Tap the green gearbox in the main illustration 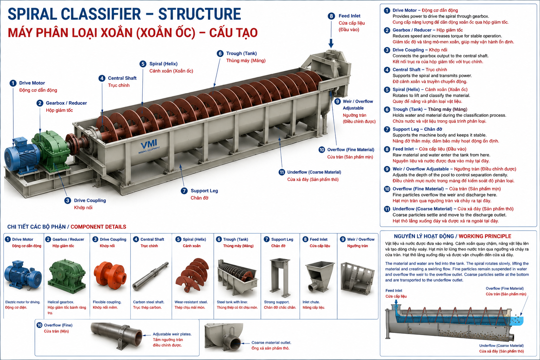pos(52,151)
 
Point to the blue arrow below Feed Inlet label pos(331,43)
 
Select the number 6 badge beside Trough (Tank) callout pos(220,53)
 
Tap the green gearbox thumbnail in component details pos(67,276)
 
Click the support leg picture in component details pos(280,278)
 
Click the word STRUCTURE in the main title pos(199,14)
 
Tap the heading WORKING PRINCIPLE pos(485,236)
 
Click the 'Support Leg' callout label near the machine pos(204,191)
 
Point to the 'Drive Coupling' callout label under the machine pos(90,200)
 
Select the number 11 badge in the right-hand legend pos(387,209)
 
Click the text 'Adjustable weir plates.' pos(172,334)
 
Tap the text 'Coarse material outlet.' pos(271,343)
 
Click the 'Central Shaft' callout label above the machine pos(122,78)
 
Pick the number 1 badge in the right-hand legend pos(387,10)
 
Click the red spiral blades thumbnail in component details pos(192,275)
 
